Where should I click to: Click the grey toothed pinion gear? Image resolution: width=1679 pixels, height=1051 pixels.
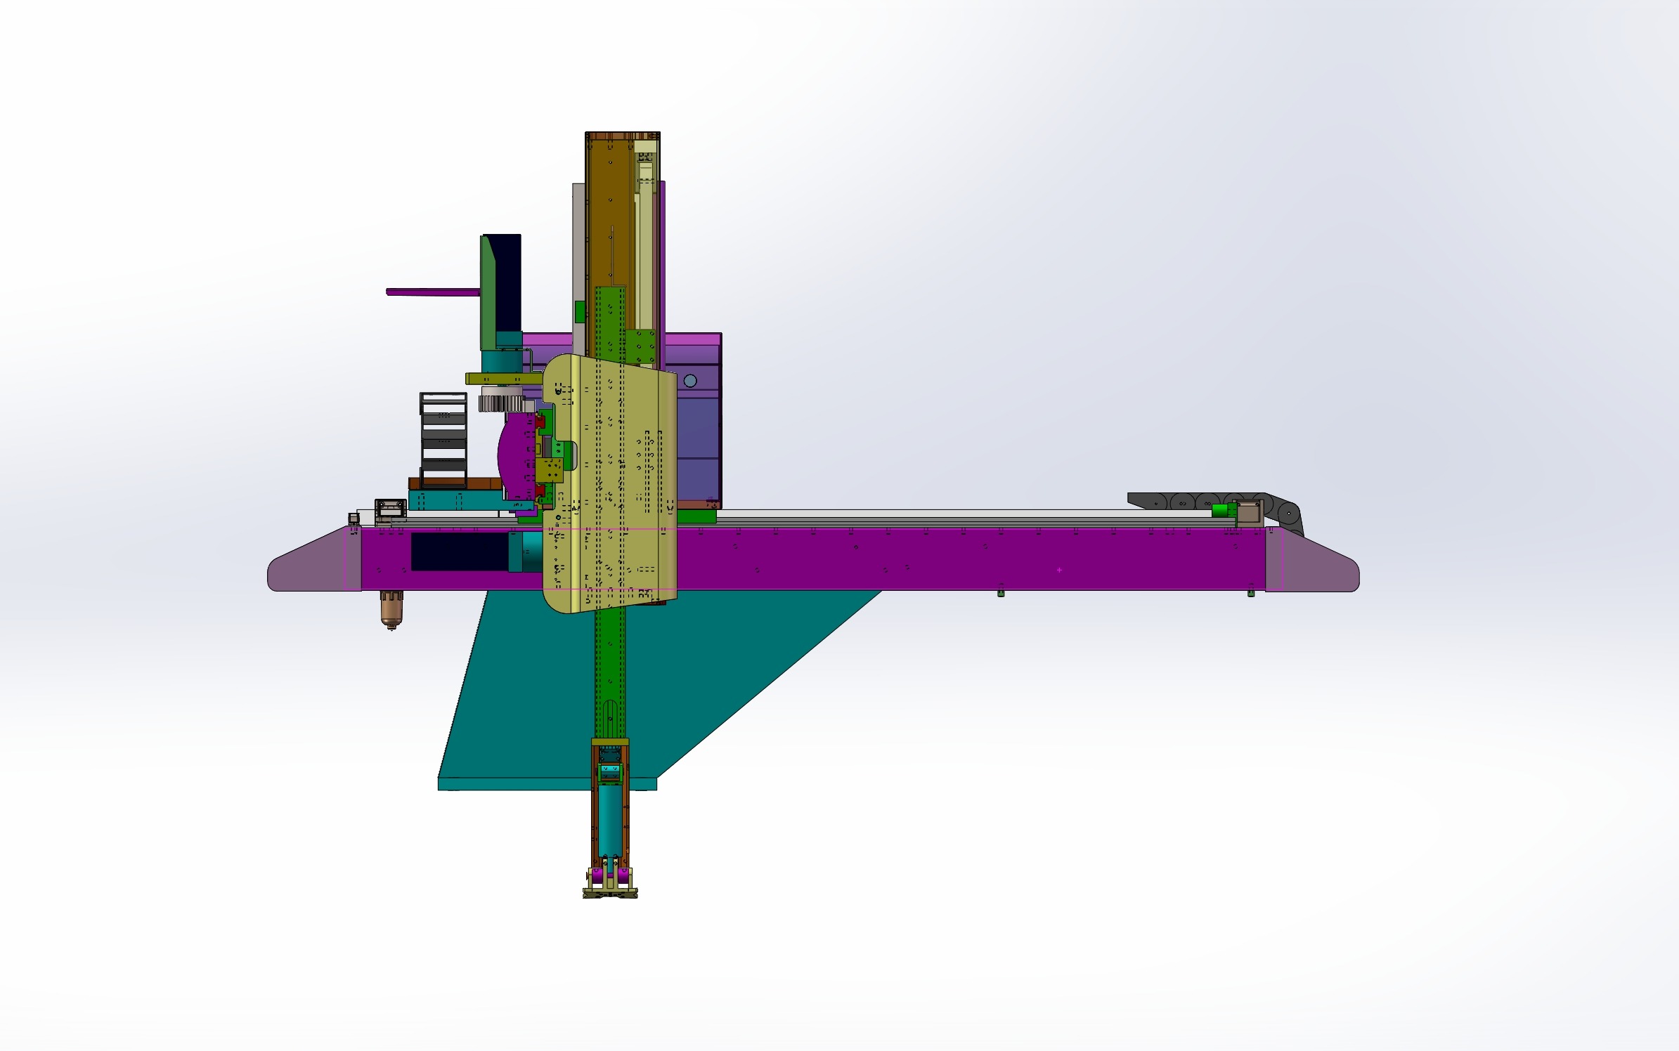point(501,403)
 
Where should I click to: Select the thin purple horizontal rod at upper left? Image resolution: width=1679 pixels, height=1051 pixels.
point(432,292)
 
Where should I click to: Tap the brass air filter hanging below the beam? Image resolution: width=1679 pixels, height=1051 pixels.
point(391,608)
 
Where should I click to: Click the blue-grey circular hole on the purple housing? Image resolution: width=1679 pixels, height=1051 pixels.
point(690,381)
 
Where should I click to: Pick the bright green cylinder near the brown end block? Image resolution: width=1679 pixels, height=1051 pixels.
point(1224,511)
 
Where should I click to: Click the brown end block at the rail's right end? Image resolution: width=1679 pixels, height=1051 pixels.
point(1247,513)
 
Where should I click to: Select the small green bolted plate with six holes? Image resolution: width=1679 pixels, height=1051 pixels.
point(640,347)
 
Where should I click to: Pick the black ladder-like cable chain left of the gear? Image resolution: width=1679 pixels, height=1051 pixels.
point(443,439)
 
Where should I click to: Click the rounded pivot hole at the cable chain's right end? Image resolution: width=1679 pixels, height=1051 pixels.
point(1288,514)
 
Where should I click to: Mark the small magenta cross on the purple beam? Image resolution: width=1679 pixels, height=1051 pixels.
point(1059,570)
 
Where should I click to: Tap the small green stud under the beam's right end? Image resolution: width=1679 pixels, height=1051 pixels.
point(1251,594)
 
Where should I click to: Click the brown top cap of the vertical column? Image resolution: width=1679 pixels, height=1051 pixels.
point(622,136)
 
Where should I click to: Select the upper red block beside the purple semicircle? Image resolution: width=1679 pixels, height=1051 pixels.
point(540,422)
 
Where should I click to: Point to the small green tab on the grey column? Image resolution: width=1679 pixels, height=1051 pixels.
point(580,311)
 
